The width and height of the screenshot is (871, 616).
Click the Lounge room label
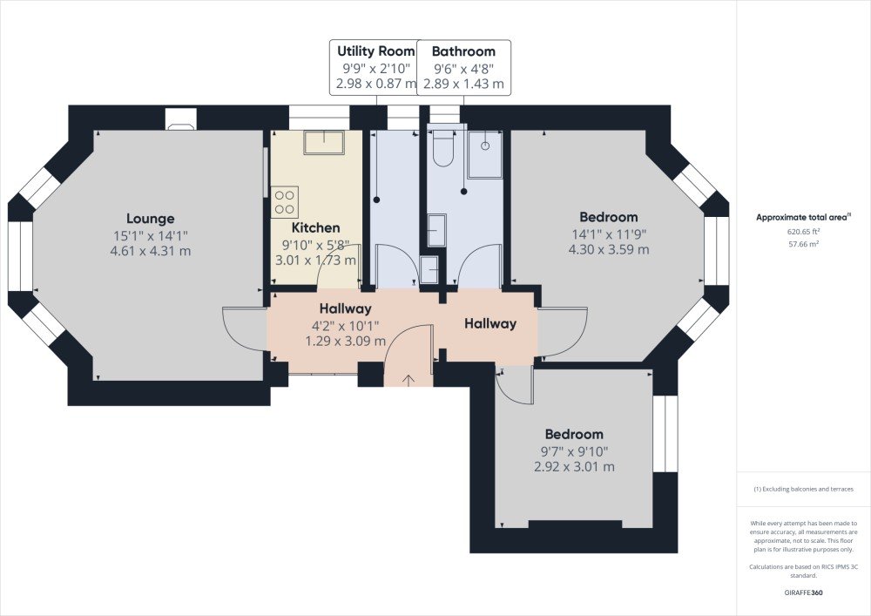(150, 219)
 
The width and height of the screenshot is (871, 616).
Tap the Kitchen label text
(315, 227)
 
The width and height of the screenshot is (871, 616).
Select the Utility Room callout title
(376, 51)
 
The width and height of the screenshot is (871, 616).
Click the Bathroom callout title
(463, 51)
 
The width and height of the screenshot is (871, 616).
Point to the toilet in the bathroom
(442, 148)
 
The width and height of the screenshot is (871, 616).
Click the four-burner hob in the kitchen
(285, 201)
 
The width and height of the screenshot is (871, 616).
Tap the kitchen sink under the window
(324, 143)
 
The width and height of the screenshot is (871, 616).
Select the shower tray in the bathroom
(485, 154)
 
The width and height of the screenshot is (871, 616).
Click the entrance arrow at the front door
(408, 380)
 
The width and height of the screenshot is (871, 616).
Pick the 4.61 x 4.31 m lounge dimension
(151, 251)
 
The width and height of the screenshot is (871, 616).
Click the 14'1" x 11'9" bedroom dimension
(609, 234)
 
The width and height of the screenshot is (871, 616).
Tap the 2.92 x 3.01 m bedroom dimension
(574, 467)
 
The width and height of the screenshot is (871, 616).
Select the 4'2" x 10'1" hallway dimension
(346, 326)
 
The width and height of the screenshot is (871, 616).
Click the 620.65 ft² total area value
(803, 232)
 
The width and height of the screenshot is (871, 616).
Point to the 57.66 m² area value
(803, 244)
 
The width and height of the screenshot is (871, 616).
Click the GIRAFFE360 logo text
(803, 592)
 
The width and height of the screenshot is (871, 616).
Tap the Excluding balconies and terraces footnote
(803, 490)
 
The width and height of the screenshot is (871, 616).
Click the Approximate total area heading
(803, 218)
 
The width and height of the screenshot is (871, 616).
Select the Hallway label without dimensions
(490, 323)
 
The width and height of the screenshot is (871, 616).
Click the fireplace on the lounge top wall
(181, 119)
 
